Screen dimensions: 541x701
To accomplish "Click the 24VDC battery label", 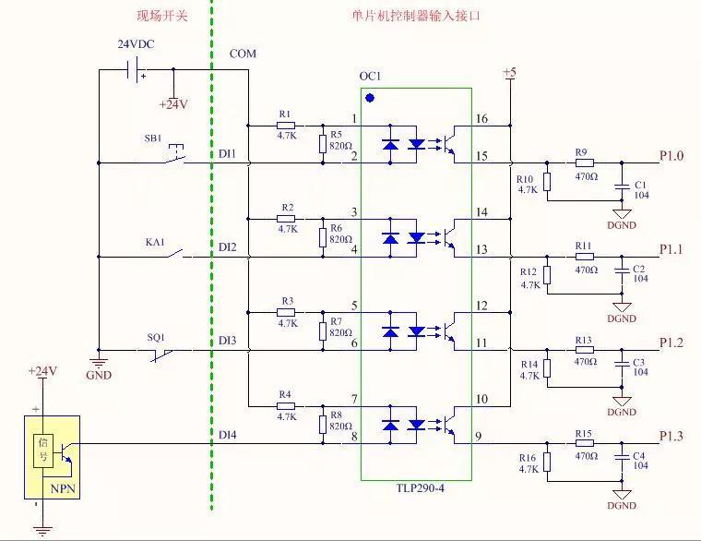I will click(x=135, y=44).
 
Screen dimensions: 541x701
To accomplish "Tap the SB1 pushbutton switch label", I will click(x=153, y=138).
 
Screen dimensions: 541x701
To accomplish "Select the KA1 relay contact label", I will click(x=154, y=242).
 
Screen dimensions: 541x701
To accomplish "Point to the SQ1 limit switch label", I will click(x=158, y=337).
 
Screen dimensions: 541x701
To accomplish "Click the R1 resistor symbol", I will click(x=286, y=125).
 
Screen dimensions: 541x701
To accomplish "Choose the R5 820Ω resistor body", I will click(x=323, y=142).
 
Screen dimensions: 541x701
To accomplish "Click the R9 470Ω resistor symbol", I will click(x=584, y=163).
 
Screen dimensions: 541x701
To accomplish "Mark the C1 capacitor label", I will click(x=640, y=185).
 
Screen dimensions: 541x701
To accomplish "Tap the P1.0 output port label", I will click(x=671, y=155).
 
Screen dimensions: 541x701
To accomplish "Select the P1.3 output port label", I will click(x=671, y=436).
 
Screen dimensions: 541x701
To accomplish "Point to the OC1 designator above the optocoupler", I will click(x=370, y=76).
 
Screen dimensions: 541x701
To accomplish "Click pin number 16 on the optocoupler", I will click(x=481, y=119).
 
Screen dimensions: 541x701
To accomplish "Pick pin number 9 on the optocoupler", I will click(x=478, y=437).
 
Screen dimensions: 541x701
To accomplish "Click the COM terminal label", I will click(x=243, y=54).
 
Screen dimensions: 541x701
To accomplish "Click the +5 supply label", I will click(x=509, y=72).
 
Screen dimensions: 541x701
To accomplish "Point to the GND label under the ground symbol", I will click(x=98, y=375).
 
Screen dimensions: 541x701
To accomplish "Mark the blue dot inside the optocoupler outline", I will click(x=370, y=97).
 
